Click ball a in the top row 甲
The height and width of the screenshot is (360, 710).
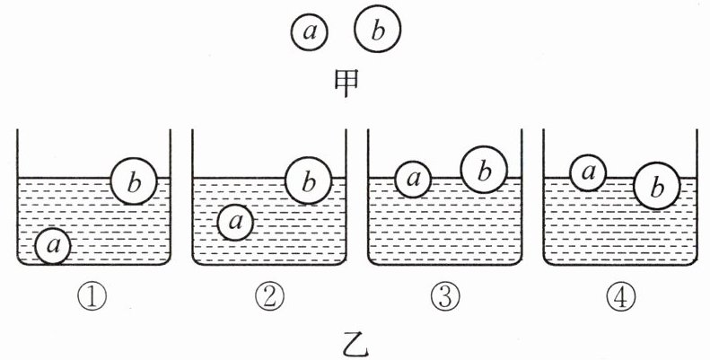(310, 32)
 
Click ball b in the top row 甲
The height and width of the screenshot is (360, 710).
(377, 31)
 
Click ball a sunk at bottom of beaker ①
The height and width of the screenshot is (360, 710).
(54, 244)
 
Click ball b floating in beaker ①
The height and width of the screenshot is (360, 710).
(134, 183)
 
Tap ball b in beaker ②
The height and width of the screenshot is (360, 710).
(308, 183)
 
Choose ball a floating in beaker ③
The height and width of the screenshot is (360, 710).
(413, 178)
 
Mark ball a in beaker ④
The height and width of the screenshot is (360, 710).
(588, 171)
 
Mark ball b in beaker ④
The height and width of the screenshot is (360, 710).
(656, 187)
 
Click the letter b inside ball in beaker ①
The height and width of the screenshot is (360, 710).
(134, 183)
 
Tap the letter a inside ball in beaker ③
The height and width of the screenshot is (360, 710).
(413, 179)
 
